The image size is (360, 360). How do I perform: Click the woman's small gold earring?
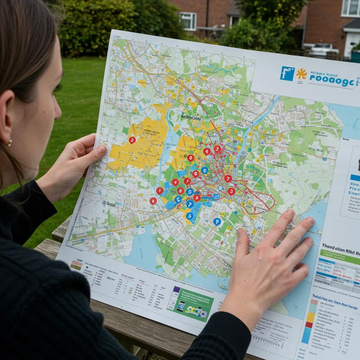point(9,143)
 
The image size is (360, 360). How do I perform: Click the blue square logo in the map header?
point(287,73)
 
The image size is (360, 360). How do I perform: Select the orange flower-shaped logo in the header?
point(301,74)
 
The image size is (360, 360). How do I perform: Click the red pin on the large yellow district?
point(132,140)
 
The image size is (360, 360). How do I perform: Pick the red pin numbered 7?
point(228,179)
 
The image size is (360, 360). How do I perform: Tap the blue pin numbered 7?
point(190,204)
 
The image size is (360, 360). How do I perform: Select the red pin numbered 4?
point(175,182)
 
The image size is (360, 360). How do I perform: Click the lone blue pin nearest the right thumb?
point(217,221)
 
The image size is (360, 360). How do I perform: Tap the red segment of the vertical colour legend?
point(309,324)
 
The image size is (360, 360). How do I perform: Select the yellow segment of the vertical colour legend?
point(310,316)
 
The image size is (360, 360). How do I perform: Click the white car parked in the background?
point(324,50)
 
